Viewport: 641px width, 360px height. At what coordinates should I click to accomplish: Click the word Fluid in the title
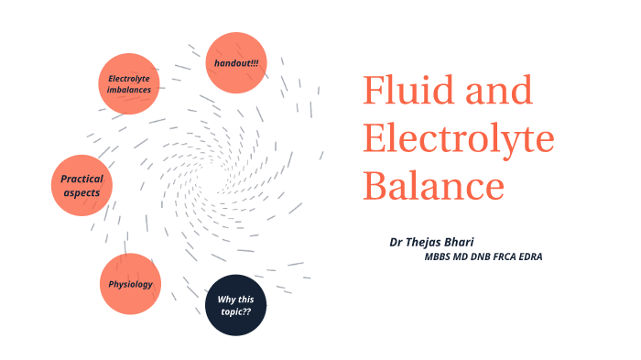pyautogui.click(x=401, y=92)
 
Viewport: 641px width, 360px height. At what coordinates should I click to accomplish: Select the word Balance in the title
pyautogui.click(x=434, y=186)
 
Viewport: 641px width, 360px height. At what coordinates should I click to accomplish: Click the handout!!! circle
pyautogui.click(x=236, y=63)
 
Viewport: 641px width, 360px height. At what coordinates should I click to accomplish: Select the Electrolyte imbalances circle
pyautogui.click(x=129, y=83)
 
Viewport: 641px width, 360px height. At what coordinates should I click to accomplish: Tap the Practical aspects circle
pyautogui.click(x=81, y=185)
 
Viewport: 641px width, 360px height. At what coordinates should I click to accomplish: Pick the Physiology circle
pyautogui.click(x=130, y=284)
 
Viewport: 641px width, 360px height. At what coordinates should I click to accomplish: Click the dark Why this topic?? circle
pyautogui.click(x=236, y=305)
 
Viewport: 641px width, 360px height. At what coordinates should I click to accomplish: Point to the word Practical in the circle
pyautogui.click(x=81, y=179)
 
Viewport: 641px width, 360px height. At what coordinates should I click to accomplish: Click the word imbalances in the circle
pyautogui.click(x=129, y=90)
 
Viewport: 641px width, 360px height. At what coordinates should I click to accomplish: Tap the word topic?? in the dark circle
pyautogui.click(x=236, y=311)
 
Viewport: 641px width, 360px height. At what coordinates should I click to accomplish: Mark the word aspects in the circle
pyautogui.click(x=81, y=192)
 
